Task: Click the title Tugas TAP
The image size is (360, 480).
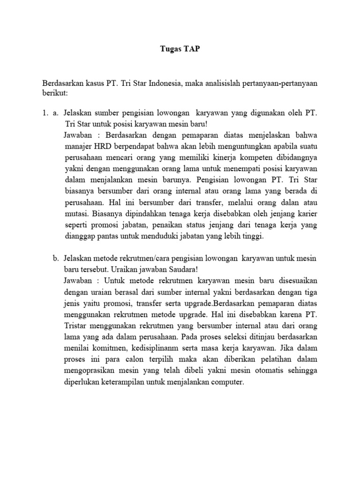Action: pyautogui.click(x=180, y=49)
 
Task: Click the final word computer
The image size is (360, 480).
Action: pyautogui.click(x=228, y=382)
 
